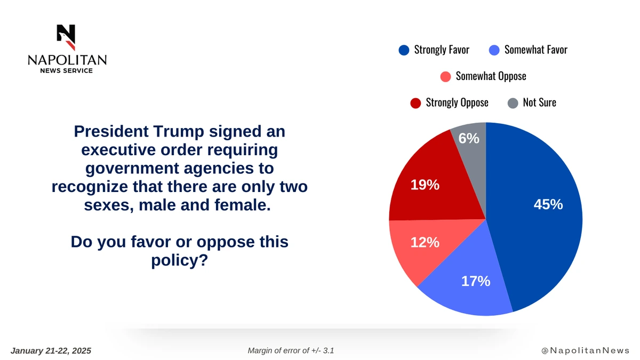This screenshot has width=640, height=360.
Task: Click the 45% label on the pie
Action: pos(548,204)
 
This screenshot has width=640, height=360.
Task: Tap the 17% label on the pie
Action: pos(476,281)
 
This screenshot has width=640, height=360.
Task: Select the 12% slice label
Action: pos(425,243)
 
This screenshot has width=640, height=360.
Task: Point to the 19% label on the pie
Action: pos(425,185)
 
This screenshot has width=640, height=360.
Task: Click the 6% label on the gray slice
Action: pos(469,138)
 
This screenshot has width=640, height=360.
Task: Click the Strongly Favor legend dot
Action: pos(404,50)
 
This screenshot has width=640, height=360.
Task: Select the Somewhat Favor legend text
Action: pos(535,50)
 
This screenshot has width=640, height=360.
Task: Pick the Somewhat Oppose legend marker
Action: pos(446,76)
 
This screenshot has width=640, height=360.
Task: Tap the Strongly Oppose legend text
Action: pos(457,102)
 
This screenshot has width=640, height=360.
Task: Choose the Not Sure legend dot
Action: pos(513,102)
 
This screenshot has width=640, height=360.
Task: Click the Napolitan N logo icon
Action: pos(67,36)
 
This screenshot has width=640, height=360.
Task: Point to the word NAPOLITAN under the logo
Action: pos(67,60)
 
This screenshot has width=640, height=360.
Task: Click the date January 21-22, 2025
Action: pos(51,350)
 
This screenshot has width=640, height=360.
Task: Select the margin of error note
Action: pos(291,350)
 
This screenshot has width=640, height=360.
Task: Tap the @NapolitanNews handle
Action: pos(585,350)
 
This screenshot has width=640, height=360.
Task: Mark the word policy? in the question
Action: pos(180,261)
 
